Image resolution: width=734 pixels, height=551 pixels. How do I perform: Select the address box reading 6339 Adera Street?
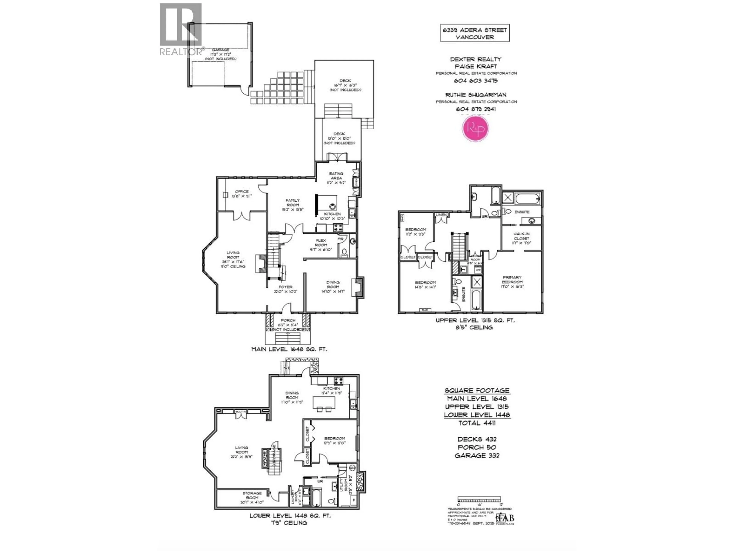tap(474, 33)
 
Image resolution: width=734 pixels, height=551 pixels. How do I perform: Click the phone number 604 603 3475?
tap(476, 80)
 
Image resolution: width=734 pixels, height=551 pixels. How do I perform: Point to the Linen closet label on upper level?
tap(441, 215)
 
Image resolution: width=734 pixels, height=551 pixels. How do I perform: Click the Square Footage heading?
tap(477, 391)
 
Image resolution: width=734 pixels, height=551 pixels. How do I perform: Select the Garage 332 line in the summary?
tap(477, 455)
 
